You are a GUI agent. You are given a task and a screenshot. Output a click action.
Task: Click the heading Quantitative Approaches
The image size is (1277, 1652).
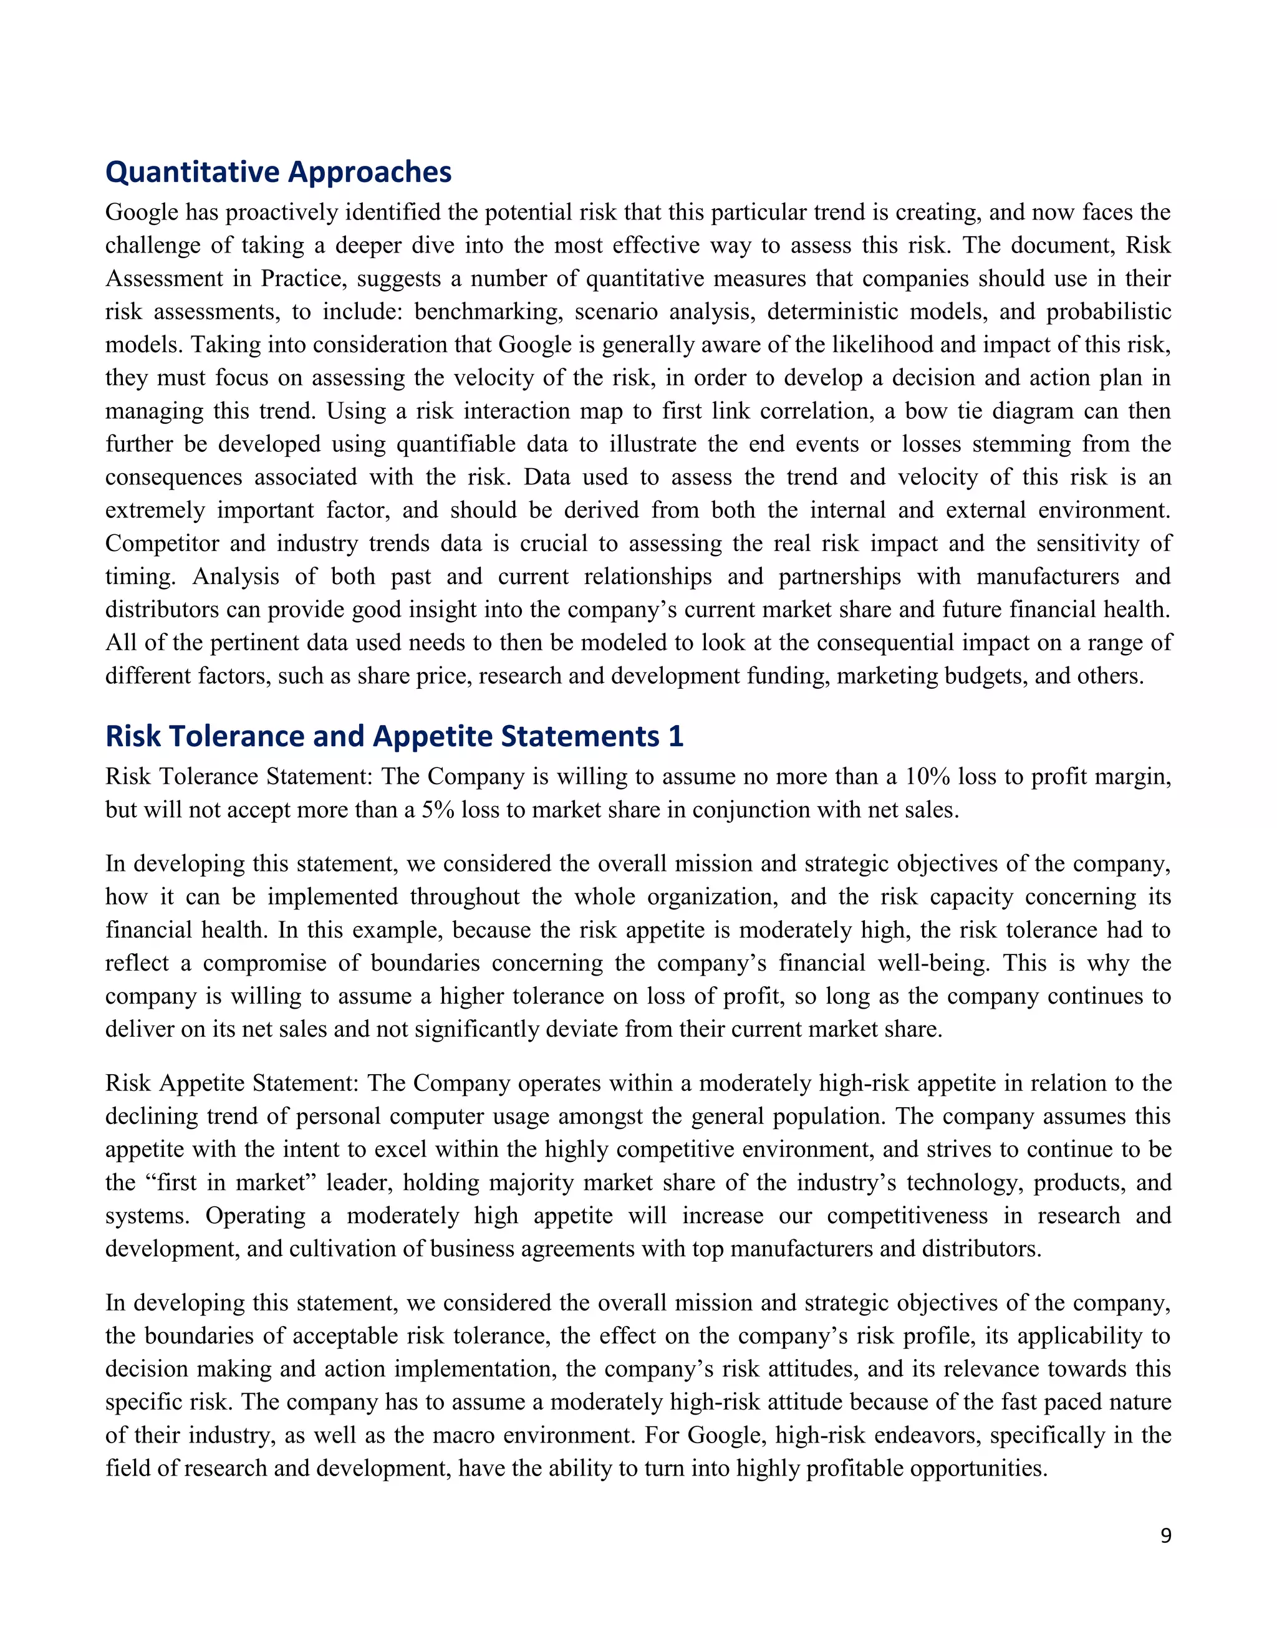point(277,173)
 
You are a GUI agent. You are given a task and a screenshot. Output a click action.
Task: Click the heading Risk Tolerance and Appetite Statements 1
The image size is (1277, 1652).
point(393,736)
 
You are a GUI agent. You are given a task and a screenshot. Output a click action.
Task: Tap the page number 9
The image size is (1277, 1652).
point(1165,1535)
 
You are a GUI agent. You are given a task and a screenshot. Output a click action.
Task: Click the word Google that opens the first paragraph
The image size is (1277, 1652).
point(142,213)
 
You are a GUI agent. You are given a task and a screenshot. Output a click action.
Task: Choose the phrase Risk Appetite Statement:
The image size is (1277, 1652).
point(231,1083)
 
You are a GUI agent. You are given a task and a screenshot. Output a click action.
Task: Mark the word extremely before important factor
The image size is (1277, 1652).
point(155,510)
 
